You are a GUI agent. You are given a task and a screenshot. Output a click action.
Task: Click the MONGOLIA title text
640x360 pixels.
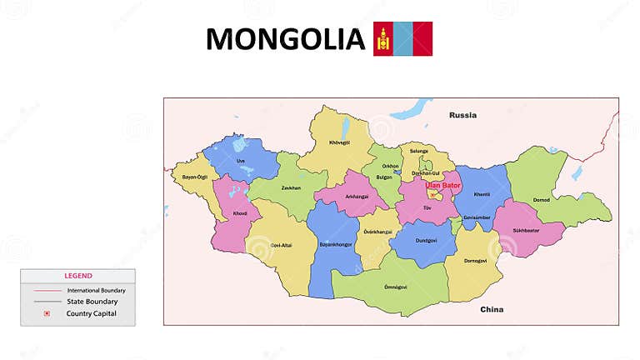click(x=285, y=39)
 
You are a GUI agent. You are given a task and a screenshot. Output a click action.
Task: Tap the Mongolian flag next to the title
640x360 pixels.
click(x=402, y=38)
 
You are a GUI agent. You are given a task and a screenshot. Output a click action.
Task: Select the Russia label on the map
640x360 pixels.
click(x=462, y=115)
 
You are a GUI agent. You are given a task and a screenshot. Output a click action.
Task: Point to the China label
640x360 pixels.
click(x=492, y=309)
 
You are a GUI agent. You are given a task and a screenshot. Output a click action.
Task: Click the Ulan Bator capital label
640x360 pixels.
click(x=442, y=185)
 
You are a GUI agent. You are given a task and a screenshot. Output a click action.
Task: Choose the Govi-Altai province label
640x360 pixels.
click(x=282, y=245)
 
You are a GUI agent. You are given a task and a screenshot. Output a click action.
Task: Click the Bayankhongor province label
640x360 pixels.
click(x=336, y=245)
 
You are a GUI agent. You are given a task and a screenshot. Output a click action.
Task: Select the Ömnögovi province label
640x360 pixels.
click(x=395, y=287)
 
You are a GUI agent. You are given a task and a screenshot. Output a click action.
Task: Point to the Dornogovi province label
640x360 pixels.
click(x=475, y=261)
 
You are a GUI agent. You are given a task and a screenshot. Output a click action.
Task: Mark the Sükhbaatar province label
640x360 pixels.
click(x=527, y=229)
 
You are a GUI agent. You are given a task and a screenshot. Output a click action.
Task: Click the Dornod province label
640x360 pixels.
click(x=541, y=200)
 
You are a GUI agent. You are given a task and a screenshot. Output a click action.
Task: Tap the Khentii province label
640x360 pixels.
click(x=482, y=194)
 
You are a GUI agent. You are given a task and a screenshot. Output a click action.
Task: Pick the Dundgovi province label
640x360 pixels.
click(x=426, y=239)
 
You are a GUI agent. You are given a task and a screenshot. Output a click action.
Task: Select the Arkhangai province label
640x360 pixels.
click(x=356, y=197)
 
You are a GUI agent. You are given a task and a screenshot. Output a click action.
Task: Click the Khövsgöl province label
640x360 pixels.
click(x=340, y=142)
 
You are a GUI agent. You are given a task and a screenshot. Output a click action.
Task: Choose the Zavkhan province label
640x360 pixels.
click(x=290, y=187)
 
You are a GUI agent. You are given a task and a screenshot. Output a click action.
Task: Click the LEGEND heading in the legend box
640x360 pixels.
click(x=78, y=276)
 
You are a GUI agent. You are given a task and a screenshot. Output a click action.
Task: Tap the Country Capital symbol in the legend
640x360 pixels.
click(x=47, y=313)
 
